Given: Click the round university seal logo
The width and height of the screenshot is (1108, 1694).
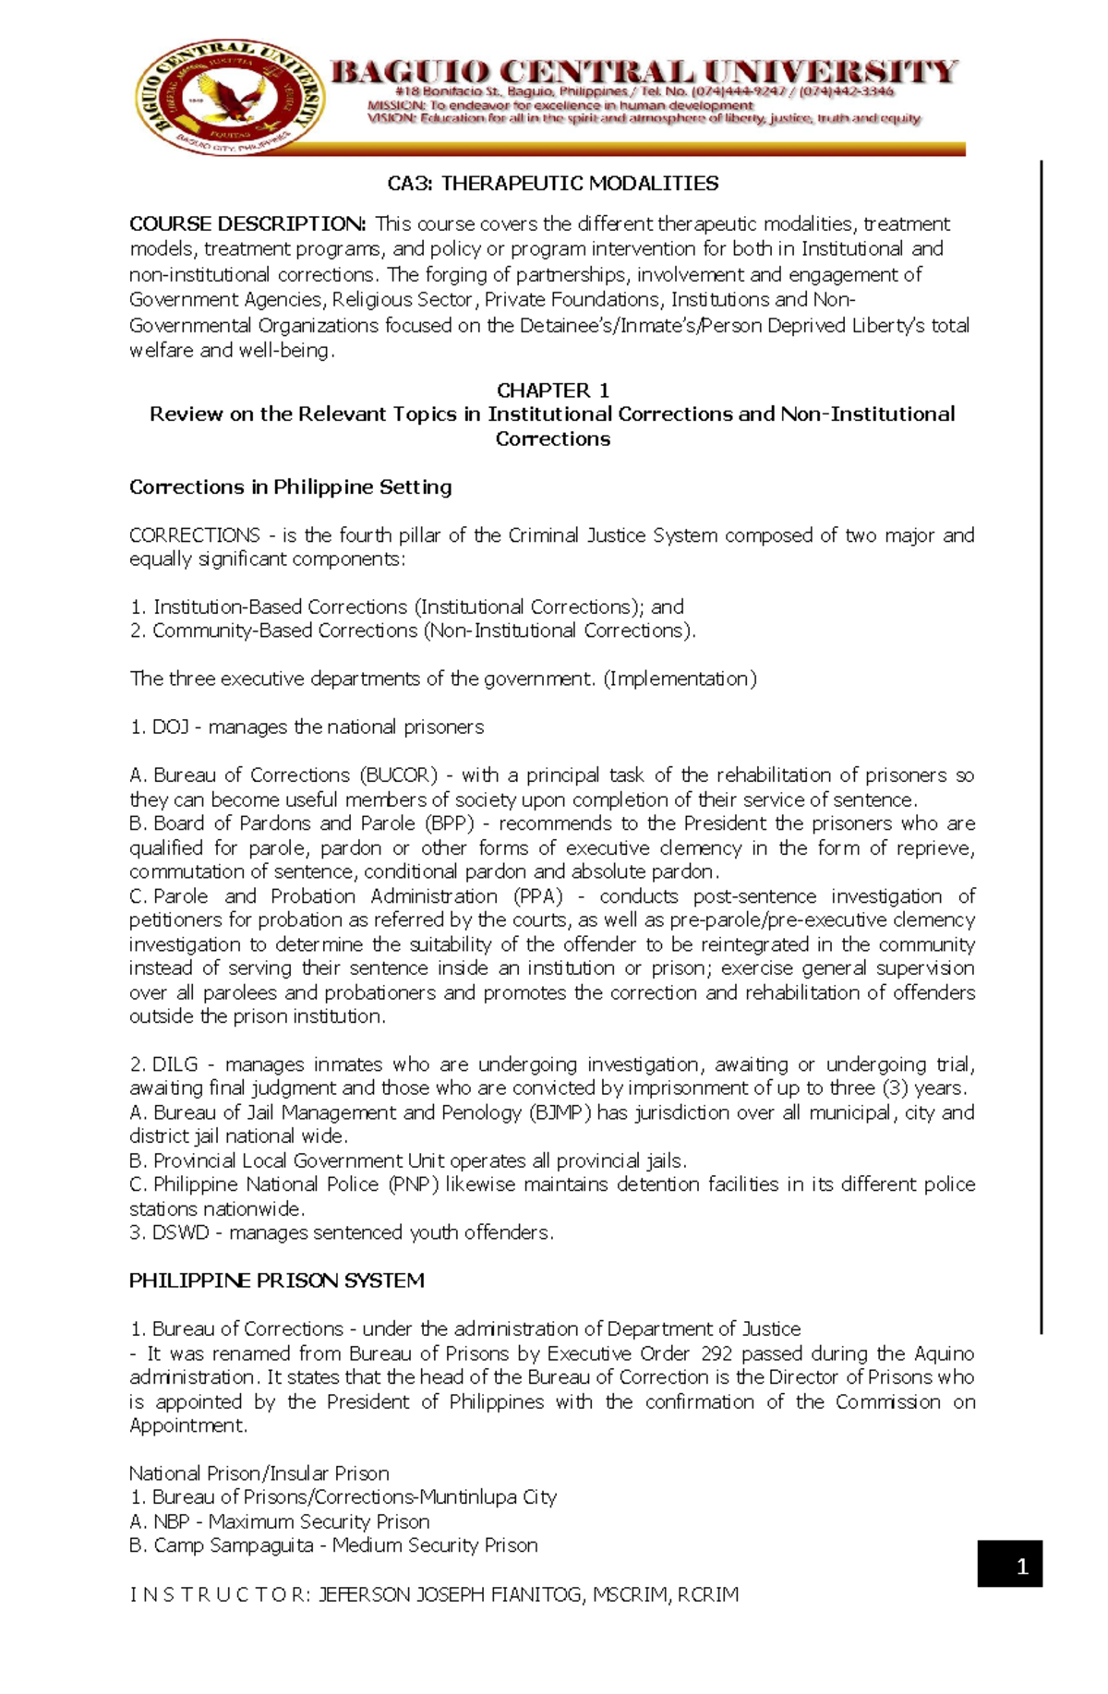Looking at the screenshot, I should (231, 99).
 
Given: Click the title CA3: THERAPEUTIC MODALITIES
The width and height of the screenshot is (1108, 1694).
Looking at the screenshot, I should (552, 184).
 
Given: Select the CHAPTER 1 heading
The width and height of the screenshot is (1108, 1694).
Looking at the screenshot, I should (552, 390).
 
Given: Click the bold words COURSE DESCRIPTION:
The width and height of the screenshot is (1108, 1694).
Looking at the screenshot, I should (247, 224).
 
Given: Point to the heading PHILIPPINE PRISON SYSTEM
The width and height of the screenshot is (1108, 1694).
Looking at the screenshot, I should (276, 1280).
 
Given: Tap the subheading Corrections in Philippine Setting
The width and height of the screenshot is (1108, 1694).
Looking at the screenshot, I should (290, 487).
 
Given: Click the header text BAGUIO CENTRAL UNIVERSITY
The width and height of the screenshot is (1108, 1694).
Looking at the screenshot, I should (644, 72).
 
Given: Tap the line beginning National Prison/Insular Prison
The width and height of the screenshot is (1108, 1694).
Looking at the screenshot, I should (259, 1473).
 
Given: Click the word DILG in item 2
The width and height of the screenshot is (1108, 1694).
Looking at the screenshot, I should (175, 1064).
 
